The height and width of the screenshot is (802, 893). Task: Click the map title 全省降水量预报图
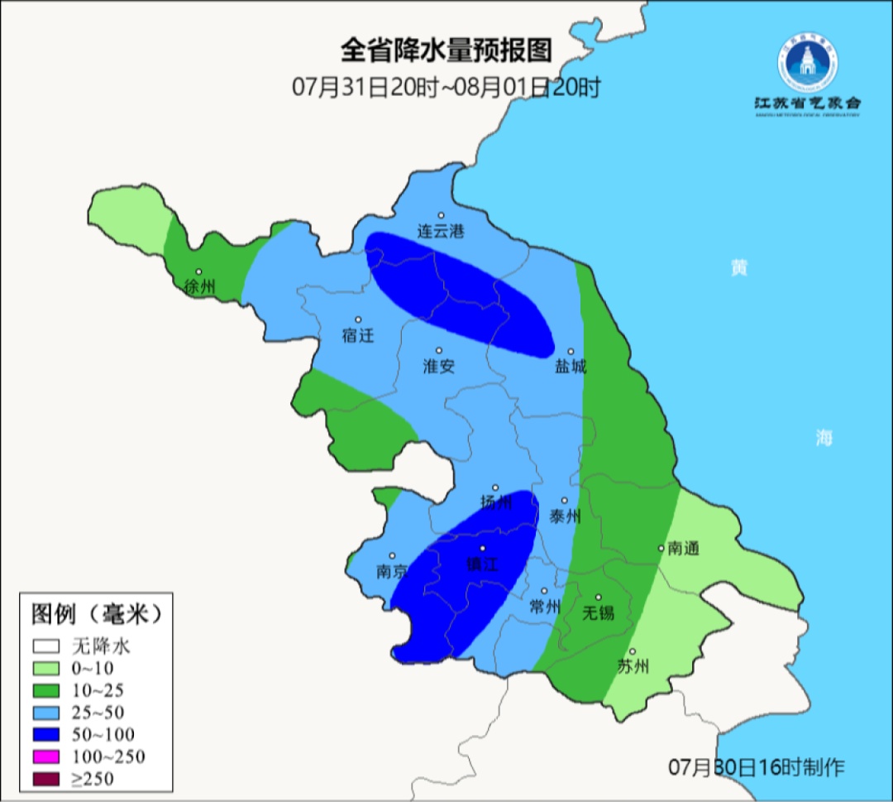(x=446, y=50)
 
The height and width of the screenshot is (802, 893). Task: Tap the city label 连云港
(x=441, y=232)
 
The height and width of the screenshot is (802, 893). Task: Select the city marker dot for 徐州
(x=198, y=271)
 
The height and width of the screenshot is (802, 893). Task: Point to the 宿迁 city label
(x=358, y=335)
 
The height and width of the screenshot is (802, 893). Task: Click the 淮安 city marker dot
(x=439, y=350)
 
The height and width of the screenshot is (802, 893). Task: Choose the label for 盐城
(x=570, y=366)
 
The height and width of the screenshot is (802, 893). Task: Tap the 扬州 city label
(x=497, y=502)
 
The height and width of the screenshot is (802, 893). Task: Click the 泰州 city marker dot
(x=565, y=501)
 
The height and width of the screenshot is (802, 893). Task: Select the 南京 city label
(x=392, y=571)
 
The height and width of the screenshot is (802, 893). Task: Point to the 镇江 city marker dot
(x=484, y=549)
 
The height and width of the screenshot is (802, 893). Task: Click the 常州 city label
(x=545, y=606)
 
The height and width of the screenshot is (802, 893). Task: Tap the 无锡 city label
(x=599, y=612)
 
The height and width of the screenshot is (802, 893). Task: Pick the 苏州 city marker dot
(x=633, y=651)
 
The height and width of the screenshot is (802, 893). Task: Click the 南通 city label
(x=684, y=548)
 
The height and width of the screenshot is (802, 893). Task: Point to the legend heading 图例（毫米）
(x=94, y=614)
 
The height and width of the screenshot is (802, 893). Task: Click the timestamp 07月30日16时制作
(x=757, y=767)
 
